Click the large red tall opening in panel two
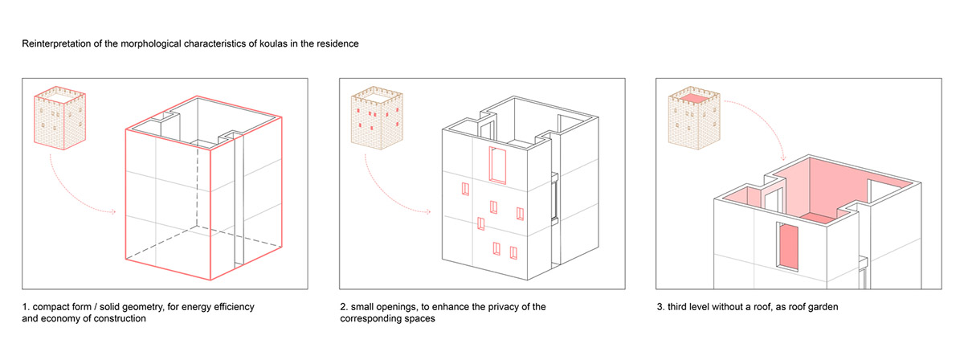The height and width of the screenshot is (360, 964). [498, 165]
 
